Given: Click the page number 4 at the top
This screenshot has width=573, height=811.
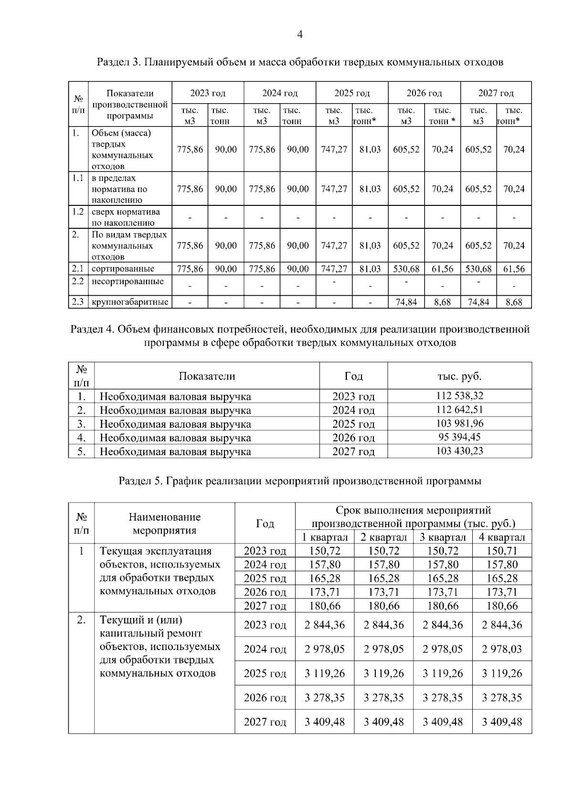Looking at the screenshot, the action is coord(300,34).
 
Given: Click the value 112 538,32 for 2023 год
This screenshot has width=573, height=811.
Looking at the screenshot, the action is coord(459,395).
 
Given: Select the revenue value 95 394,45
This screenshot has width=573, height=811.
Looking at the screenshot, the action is coord(459,437).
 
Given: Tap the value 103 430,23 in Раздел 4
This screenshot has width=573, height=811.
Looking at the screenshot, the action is coord(459,450).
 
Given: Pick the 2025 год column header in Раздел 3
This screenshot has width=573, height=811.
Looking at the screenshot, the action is coord(352,93).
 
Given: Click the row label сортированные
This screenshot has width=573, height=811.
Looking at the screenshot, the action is coord(123,268).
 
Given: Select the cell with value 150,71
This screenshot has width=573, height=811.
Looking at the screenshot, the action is coord(501,551).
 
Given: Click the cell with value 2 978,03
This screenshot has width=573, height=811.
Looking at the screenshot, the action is coord(501,649).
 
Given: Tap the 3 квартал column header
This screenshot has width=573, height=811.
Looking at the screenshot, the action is coord(443,537).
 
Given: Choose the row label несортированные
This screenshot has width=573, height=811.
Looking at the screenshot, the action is coord(127,281).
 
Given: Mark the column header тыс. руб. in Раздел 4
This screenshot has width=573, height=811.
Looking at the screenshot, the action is coord(459,376).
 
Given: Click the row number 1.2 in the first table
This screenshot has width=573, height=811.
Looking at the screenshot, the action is coord(78,212).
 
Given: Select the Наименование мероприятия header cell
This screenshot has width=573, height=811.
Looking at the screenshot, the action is coord(164,523).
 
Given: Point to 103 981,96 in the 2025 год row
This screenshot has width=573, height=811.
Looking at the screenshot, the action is coord(459,423).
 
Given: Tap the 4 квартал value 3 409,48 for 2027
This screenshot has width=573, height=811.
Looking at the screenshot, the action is coord(501,721).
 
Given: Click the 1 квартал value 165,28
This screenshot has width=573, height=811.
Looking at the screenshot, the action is coord(325,578).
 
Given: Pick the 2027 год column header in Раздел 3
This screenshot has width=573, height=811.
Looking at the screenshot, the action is coord(496,93).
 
